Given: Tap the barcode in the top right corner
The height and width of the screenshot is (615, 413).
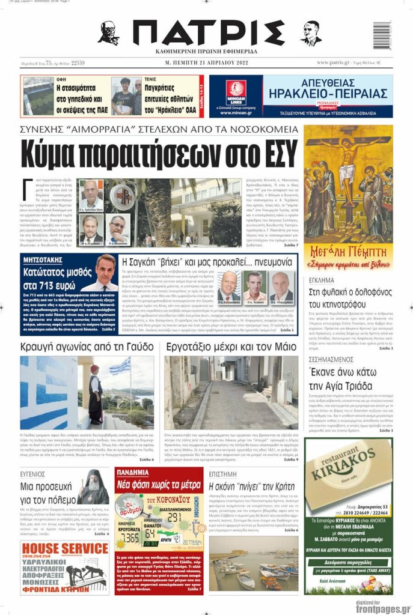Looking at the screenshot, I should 382,36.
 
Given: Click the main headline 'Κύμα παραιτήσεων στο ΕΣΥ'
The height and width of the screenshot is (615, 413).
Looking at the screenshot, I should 159,155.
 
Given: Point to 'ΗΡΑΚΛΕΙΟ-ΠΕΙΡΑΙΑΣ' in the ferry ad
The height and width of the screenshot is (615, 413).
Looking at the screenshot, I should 328,93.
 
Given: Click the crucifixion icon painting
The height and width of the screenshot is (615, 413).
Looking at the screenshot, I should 348,183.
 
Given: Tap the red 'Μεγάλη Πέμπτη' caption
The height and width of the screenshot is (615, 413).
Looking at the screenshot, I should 348,250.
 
